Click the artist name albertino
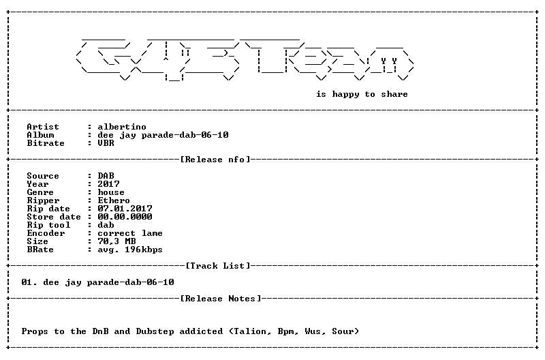(122, 127)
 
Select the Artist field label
(43, 127)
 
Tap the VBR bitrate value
(106, 143)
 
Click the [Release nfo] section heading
(215, 160)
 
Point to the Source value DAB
(106, 176)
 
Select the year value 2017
(108, 184)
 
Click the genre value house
(111, 192)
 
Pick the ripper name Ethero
(114, 200)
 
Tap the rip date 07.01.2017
(125, 209)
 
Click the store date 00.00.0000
(125, 217)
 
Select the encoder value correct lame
(130, 233)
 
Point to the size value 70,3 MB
(116, 241)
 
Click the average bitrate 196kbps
(144, 250)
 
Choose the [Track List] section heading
(218, 266)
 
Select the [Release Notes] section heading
(221, 299)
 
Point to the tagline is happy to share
(362, 94)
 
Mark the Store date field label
(54, 217)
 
